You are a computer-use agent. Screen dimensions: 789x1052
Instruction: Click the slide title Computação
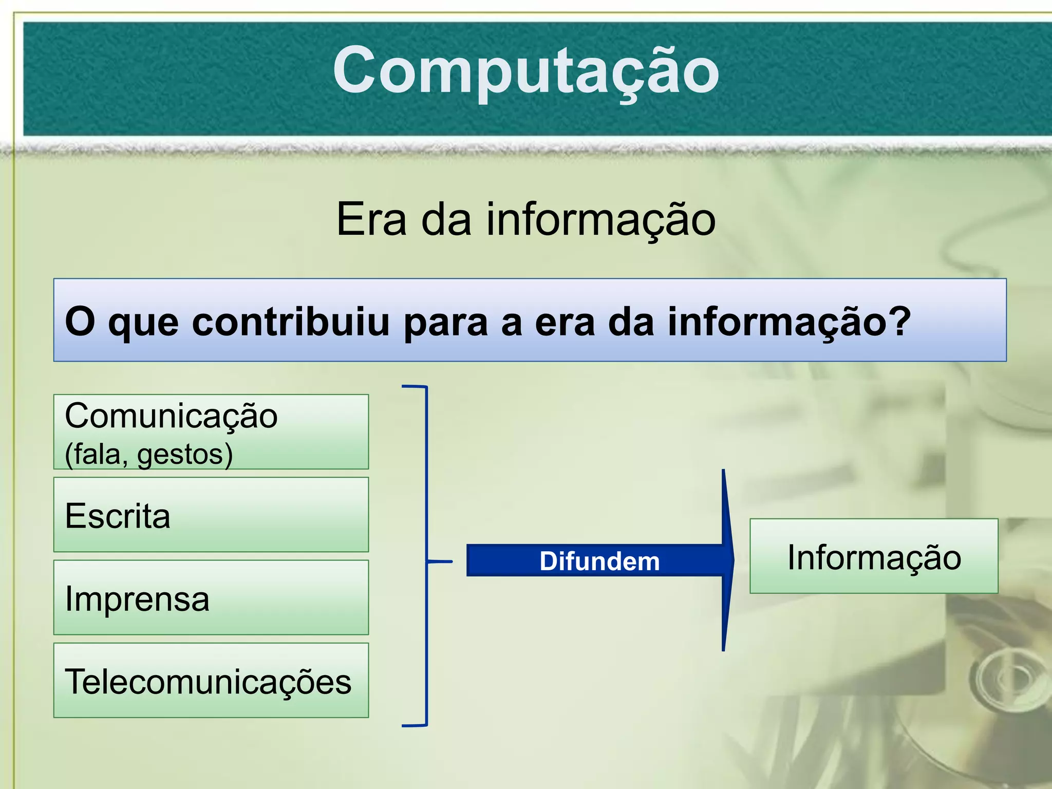click(x=525, y=70)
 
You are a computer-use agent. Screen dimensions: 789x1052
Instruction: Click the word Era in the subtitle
click(x=371, y=220)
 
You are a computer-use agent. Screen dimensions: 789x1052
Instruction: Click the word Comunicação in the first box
click(x=171, y=416)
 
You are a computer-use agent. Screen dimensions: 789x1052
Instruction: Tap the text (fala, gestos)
click(x=149, y=455)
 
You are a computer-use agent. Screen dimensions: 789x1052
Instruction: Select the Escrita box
click(x=211, y=515)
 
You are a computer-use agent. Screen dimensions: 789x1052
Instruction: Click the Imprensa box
click(x=211, y=598)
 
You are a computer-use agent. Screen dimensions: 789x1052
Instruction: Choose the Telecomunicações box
click(x=211, y=681)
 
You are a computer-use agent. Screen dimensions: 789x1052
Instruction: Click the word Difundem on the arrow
click(x=599, y=561)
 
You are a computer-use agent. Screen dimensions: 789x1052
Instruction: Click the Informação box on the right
click(x=874, y=557)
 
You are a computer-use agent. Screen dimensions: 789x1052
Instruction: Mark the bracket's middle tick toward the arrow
click(x=440, y=561)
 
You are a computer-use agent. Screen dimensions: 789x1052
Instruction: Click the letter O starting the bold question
click(x=80, y=322)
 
